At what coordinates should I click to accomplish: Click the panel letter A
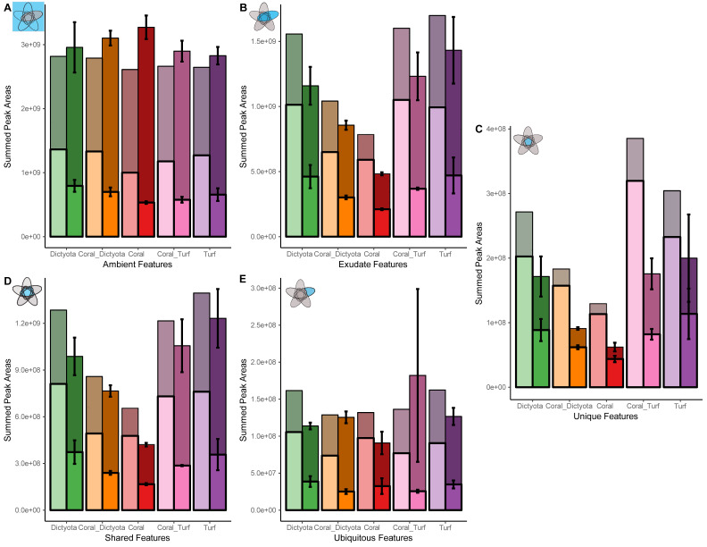7,8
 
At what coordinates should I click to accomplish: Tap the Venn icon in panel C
528,141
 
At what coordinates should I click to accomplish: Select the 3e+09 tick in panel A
31,44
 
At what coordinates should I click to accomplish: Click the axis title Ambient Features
137,265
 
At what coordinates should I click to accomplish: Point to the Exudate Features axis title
372,265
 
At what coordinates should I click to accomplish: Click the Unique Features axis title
605,417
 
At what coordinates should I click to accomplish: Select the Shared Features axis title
137,538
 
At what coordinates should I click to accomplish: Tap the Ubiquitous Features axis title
373,538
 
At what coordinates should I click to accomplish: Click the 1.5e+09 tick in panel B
266,41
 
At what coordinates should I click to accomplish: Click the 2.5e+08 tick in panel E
266,325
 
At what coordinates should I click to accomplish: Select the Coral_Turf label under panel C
643,406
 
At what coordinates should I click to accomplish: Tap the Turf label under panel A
209,254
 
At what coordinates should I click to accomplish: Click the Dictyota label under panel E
299,527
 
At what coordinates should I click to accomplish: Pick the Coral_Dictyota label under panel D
102,527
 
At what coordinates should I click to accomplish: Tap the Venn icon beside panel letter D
27,292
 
